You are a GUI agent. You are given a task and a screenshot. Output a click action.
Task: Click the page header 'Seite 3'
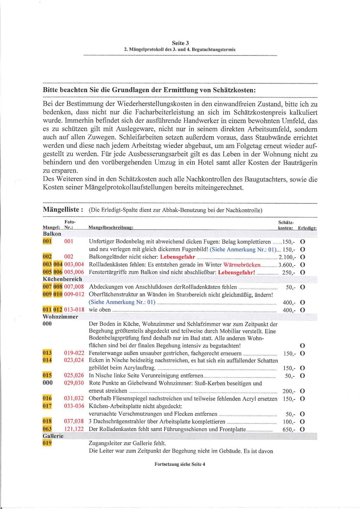click(x=180, y=43)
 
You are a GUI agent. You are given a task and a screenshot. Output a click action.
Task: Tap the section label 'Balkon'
click(x=52, y=234)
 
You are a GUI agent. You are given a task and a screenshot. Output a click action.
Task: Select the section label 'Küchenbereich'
click(x=62, y=279)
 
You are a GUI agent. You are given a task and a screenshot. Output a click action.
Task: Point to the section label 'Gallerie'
click(x=53, y=436)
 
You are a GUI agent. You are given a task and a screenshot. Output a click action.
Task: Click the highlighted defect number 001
click(x=47, y=241)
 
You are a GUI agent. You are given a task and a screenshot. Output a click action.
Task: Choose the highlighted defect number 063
click(x=47, y=429)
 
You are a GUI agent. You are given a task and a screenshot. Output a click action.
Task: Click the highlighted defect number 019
click(x=47, y=443)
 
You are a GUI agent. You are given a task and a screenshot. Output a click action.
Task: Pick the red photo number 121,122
click(x=74, y=429)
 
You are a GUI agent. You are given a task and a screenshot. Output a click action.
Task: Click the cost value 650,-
click(x=289, y=430)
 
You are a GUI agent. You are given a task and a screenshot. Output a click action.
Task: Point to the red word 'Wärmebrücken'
click(x=242, y=265)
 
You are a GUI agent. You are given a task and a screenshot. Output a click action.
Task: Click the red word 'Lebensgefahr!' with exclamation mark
click(x=237, y=272)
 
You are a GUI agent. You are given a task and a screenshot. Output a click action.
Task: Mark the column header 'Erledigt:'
click(x=307, y=228)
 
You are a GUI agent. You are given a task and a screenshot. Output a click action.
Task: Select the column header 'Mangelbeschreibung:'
click(x=111, y=228)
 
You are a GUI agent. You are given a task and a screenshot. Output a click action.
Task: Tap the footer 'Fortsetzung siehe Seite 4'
click(x=180, y=464)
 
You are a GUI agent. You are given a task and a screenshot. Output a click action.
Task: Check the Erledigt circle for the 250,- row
click(x=302, y=272)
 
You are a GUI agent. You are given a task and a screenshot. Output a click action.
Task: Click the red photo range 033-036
click(x=74, y=406)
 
